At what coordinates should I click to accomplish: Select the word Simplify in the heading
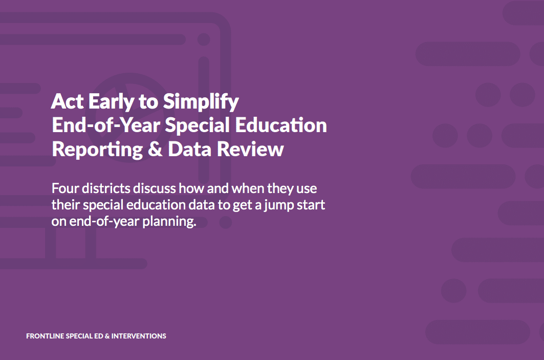click(x=201, y=102)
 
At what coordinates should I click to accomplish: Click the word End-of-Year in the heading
click(x=106, y=125)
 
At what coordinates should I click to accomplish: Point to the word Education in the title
click(x=281, y=125)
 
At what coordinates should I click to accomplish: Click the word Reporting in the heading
click(x=97, y=150)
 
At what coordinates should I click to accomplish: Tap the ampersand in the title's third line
click(x=155, y=150)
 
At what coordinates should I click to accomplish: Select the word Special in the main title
click(x=198, y=125)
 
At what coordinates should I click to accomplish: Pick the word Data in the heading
click(x=189, y=150)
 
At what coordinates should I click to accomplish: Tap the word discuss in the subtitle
click(x=155, y=188)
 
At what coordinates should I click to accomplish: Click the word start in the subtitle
click(x=312, y=205)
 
